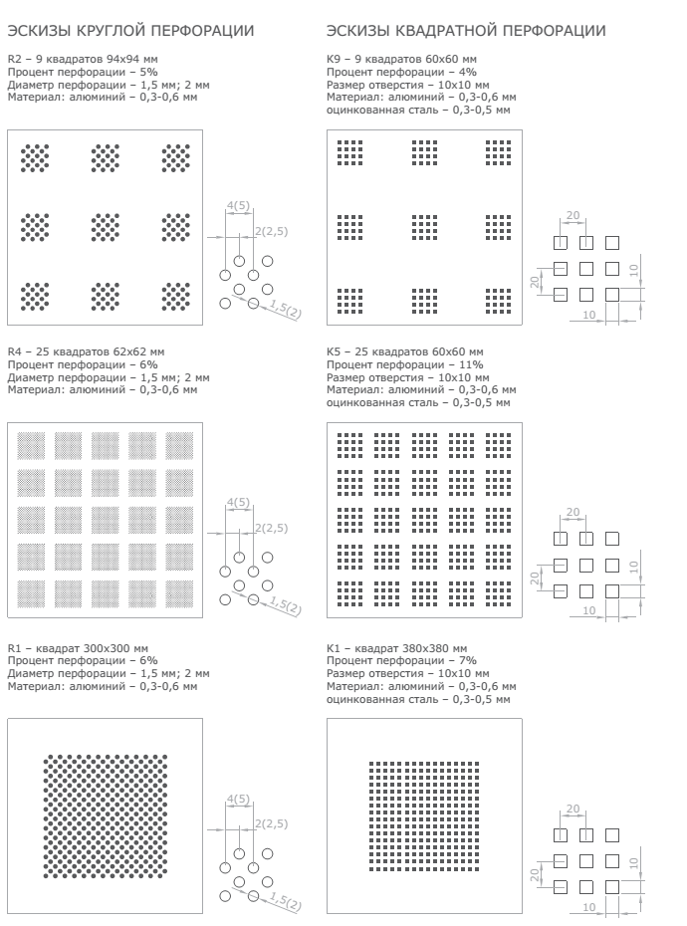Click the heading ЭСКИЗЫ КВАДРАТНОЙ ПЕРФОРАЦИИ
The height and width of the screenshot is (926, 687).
465,33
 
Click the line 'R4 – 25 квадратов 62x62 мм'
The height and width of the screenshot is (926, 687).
85,352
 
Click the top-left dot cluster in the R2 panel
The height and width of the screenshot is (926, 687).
35,157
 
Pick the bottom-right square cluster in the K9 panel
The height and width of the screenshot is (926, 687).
498,300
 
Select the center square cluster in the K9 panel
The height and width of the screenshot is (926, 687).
424,227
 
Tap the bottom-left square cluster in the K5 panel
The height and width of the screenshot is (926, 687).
349,591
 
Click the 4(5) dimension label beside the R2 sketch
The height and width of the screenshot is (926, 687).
238,205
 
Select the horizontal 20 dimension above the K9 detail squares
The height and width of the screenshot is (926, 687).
572,214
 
